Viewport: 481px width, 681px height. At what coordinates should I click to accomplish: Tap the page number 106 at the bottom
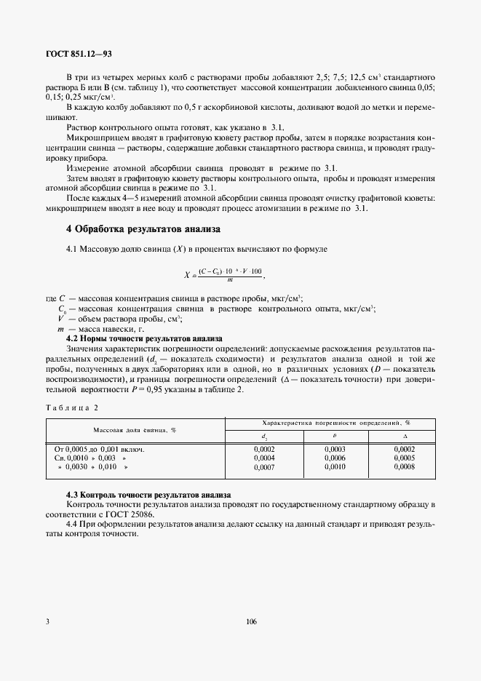[x=252, y=622]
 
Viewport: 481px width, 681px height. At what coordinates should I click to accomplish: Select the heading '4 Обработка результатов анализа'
[x=143, y=229]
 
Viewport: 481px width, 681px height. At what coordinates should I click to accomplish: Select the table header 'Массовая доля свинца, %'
[x=134, y=430]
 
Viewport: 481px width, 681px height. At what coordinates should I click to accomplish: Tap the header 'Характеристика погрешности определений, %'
[x=331, y=423]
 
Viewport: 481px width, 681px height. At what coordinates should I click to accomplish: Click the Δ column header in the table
[x=403, y=437]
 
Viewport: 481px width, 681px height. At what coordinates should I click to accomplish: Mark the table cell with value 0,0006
[x=335, y=459]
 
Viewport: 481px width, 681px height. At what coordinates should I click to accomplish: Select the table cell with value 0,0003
[x=335, y=450]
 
